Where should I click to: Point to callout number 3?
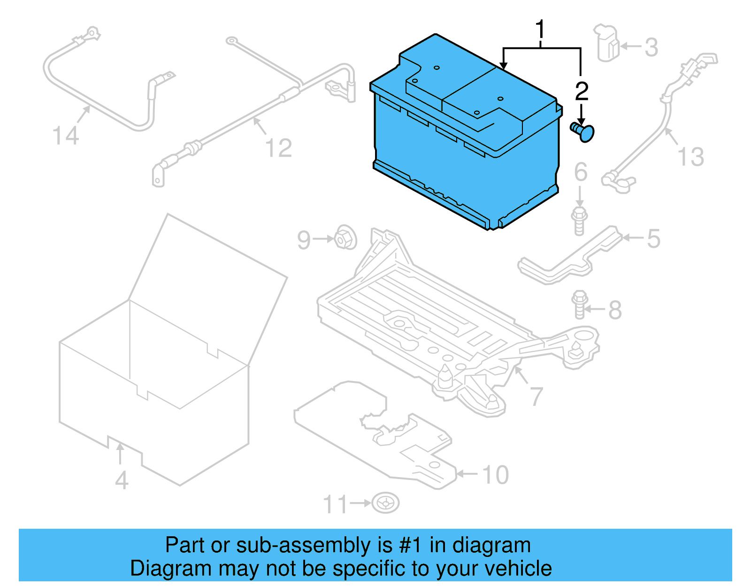point(651,47)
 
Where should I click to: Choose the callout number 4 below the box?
point(122,480)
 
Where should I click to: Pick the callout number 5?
point(653,238)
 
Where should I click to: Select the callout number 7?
point(536,396)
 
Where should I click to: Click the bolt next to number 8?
point(580,304)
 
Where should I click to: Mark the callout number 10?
point(495,475)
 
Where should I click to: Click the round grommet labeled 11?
point(385,503)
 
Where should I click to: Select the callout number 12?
point(278,148)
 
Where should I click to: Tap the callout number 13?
point(690,157)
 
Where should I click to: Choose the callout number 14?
point(65,136)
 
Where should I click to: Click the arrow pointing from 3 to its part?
point(630,46)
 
